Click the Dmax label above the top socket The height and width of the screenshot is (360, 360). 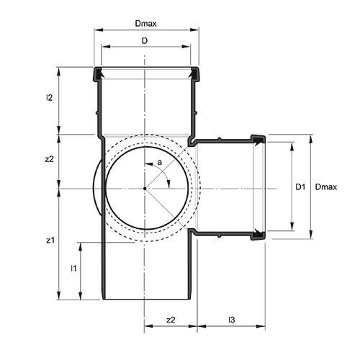pos(146,23)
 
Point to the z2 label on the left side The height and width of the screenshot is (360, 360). pos(49,160)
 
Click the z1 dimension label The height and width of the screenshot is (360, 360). pos(49,240)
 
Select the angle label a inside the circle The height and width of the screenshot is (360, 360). pos(159,163)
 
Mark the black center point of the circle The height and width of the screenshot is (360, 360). pos(145,189)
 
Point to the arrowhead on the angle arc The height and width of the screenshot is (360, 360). pos(168,184)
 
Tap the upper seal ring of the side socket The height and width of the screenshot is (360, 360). pos(257,138)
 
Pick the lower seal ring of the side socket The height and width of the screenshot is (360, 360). pos(257,234)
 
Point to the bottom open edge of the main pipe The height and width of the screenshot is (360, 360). pos(147,300)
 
